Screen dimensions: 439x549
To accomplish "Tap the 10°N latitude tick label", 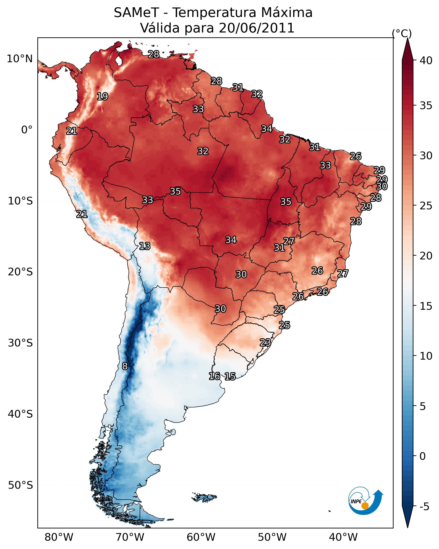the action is [20, 59].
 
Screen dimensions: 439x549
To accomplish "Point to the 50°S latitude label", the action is [20, 485].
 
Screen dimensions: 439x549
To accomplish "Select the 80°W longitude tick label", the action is [59, 537].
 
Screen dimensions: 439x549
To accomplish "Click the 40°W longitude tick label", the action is [343, 537].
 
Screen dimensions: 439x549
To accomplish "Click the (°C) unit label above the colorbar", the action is [402, 33].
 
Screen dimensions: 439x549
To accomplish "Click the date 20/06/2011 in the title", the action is [257, 28].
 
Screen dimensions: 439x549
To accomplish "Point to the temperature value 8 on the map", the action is [125, 366].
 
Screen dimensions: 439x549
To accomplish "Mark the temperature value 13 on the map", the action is [145, 246].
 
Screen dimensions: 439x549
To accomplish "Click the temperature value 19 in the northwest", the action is [102, 97].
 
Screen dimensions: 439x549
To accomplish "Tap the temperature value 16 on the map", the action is [215, 376].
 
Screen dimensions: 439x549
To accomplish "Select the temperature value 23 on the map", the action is [265, 342].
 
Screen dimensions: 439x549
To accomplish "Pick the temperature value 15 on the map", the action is [230, 376].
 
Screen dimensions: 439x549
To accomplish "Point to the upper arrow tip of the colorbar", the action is [407, 38].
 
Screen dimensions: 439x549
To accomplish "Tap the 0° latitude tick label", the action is [27, 130].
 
